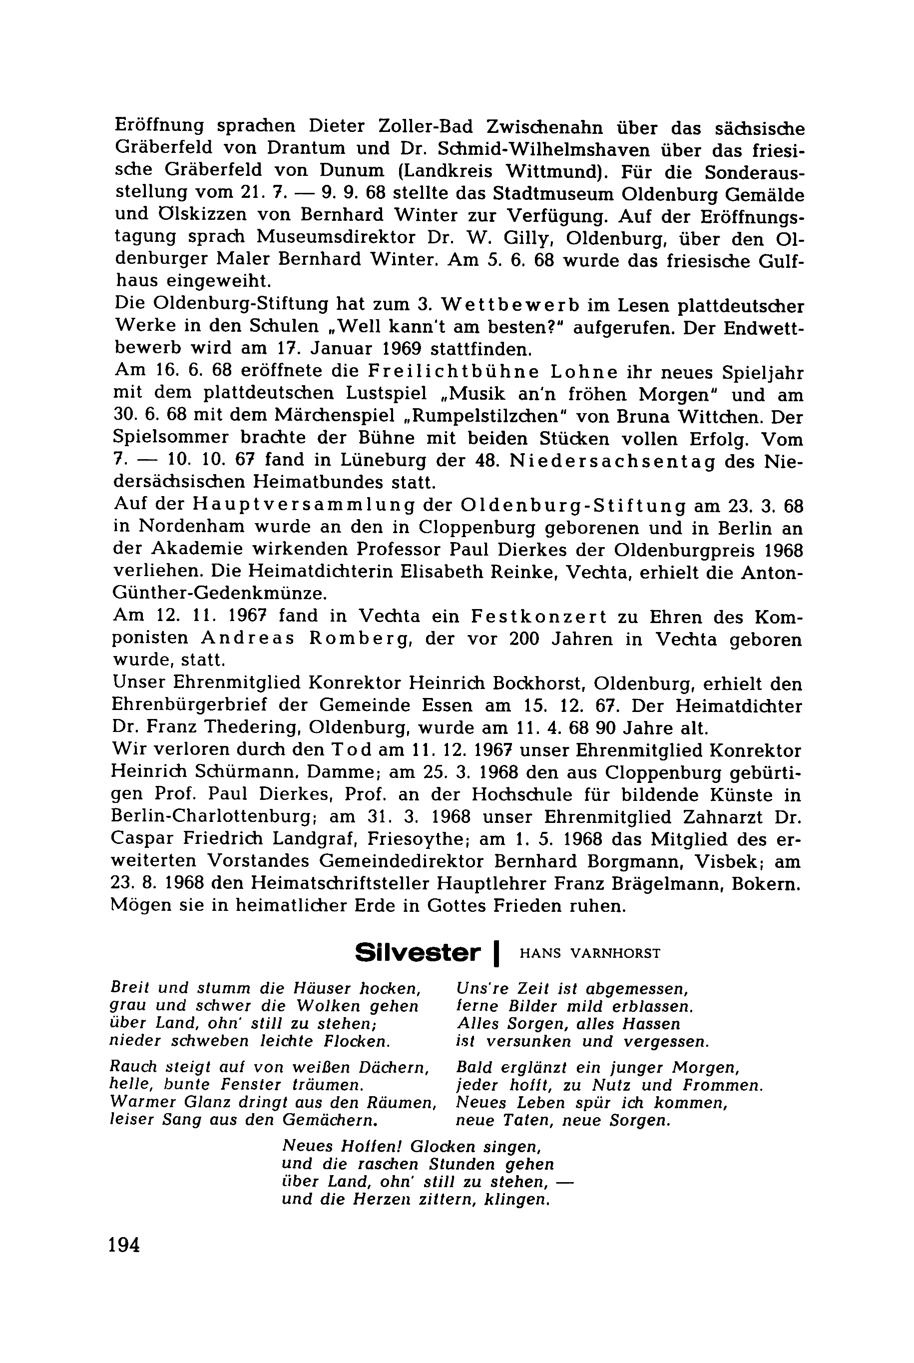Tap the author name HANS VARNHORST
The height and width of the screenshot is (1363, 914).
click(589, 954)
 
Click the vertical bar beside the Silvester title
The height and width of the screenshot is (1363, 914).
click(496, 954)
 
